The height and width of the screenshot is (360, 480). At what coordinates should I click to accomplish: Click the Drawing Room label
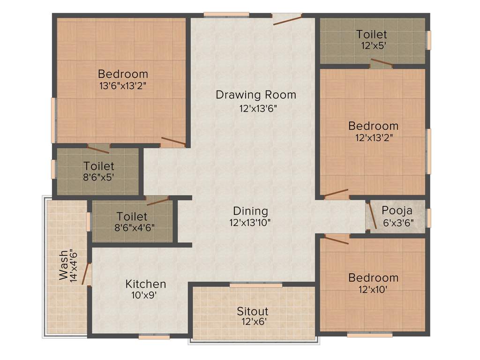coord(256,95)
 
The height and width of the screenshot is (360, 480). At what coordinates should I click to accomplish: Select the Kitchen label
coord(145,284)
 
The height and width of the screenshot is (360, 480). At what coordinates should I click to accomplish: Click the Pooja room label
coord(397,210)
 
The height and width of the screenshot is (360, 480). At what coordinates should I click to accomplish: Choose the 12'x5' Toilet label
coord(372,34)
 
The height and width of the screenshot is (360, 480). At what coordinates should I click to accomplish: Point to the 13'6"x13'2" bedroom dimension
coord(123,86)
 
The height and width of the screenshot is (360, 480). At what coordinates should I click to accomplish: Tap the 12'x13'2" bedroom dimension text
coord(374,138)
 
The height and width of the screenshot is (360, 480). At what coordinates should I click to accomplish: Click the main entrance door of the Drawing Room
coord(287,19)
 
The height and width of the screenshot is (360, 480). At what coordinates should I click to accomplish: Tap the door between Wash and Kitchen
coord(86,274)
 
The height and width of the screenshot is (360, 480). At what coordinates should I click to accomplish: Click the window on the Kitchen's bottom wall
coord(154,336)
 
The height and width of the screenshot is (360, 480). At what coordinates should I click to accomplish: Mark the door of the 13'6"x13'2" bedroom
coord(173,141)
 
